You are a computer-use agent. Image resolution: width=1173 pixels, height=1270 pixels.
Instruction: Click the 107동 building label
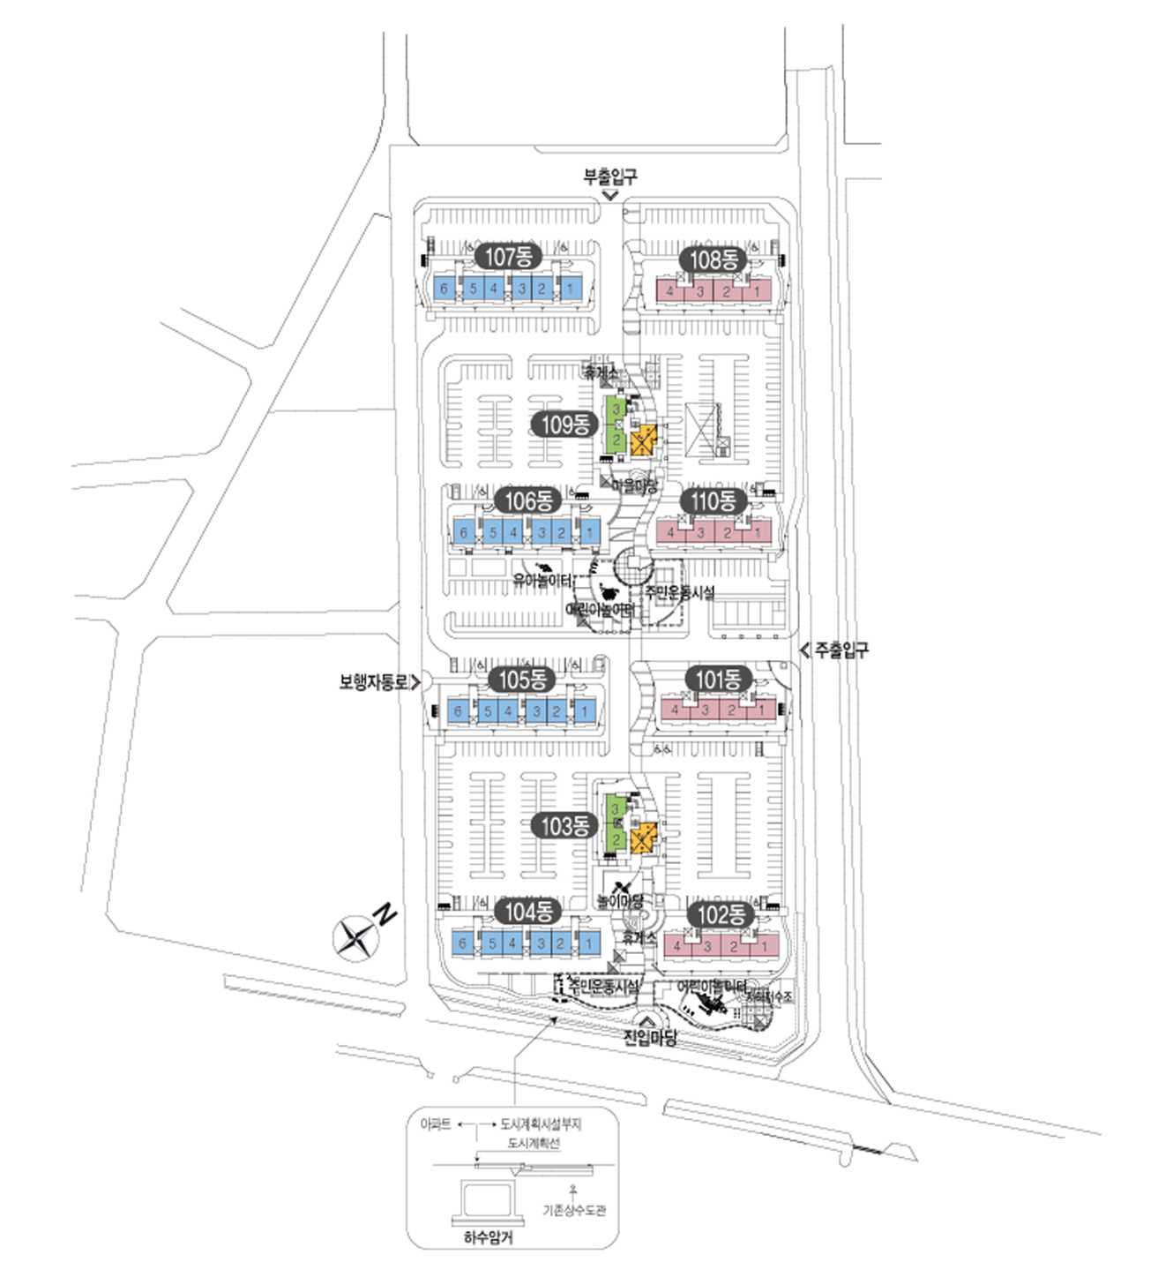(x=509, y=257)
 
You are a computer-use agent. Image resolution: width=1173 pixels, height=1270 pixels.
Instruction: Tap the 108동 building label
(x=713, y=259)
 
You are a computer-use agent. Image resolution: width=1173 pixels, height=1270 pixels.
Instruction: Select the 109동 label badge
(x=564, y=425)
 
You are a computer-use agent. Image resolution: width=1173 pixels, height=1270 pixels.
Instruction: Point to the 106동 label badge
(x=527, y=501)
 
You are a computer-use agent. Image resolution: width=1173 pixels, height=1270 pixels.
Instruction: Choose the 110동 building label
(x=714, y=501)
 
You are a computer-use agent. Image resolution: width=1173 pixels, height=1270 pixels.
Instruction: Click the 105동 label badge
(x=522, y=680)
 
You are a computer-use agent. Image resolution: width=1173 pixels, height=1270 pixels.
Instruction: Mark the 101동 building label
(x=718, y=680)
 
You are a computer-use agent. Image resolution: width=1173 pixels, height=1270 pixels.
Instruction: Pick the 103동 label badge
(x=564, y=826)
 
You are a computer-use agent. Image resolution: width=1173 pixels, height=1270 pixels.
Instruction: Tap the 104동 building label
(x=527, y=912)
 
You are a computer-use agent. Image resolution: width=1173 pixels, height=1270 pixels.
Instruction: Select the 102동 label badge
(x=721, y=914)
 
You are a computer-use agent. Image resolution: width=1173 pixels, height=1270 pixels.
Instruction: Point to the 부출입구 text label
(x=609, y=176)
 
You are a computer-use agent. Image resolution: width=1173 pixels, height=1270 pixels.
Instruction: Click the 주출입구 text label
(x=841, y=650)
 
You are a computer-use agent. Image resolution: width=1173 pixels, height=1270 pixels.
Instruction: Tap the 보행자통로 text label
(x=374, y=681)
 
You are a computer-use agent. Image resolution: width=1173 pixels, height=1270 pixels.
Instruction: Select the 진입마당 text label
(x=650, y=1037)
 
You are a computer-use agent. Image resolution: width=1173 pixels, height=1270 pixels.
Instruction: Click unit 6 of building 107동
(x=444, y=289)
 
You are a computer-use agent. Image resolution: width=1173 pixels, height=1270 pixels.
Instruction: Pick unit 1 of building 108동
(x=756, y=291)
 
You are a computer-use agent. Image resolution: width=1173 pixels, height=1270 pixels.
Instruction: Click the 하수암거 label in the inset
(x=488, y=1237)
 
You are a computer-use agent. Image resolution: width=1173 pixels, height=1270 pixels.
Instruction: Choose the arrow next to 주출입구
(x=804, y=650)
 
